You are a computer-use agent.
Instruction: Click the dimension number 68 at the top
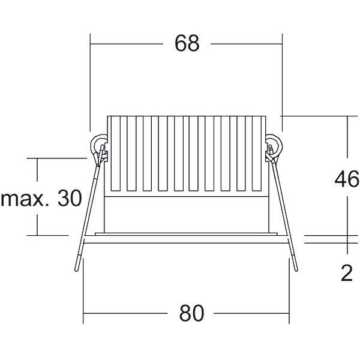(x=187, y=43)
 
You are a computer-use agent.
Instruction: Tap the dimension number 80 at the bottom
(x=191, y=313)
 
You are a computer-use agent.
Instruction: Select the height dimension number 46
(x=347, y=179)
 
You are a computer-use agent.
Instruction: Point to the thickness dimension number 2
(x=347, y=273)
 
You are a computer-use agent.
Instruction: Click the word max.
(x=25, y=199)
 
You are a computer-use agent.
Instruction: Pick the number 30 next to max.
(x=70, y=198)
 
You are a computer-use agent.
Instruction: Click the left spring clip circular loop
(x=99, y=146)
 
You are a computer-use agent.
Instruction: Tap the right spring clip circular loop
(x=274, y=146)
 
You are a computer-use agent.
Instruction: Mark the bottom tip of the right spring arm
(x=296, y=271)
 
